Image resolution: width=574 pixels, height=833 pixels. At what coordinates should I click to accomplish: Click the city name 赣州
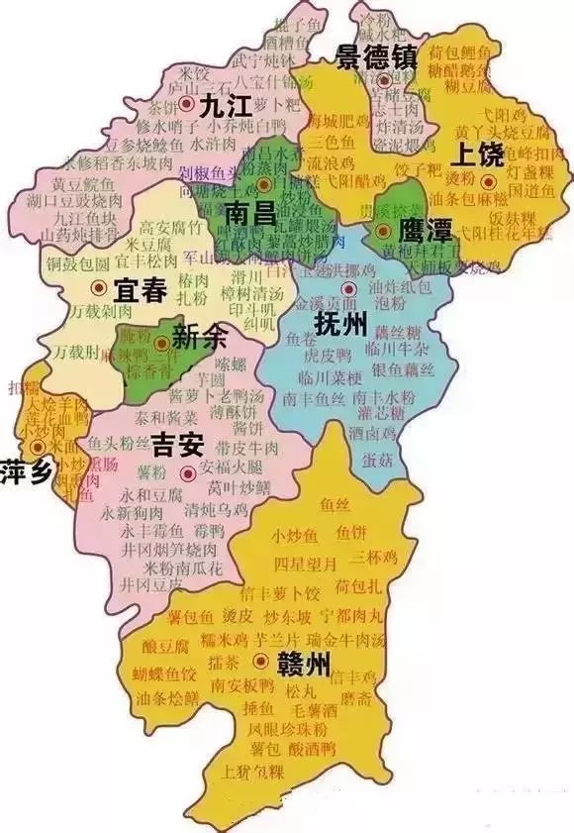coord(306,662)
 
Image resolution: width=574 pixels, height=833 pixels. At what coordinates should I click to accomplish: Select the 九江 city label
coord(221,107)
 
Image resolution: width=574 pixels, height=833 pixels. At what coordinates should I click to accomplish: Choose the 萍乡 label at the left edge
coord(25,470)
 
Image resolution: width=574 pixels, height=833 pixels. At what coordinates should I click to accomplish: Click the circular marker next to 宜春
coord(97,287)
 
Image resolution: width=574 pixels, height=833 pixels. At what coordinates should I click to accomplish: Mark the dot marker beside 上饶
coord(488,181)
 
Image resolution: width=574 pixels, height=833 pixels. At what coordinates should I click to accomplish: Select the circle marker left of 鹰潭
coord(382,231)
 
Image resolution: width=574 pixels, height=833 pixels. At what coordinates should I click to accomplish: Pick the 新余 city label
coord(199,338)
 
